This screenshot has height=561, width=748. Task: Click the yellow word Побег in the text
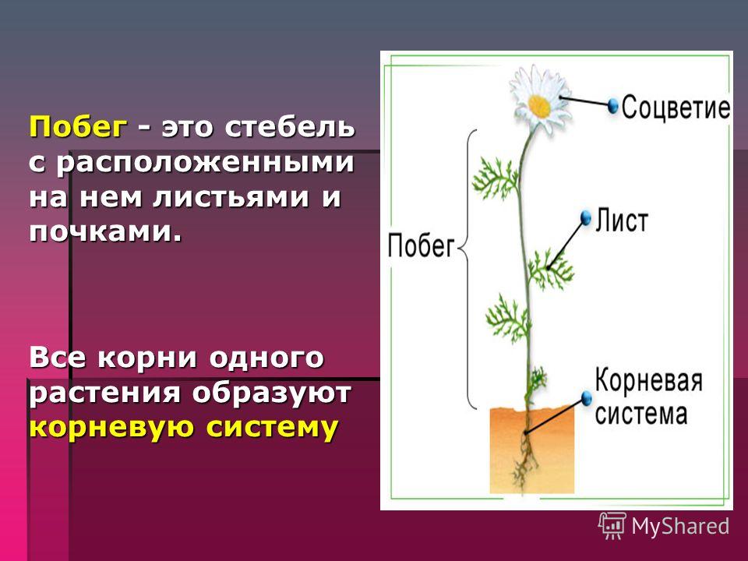(79, 126)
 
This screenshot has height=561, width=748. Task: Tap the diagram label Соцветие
(676, 107)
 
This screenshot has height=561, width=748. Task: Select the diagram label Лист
(622, 221)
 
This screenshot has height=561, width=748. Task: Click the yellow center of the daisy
(539, 106)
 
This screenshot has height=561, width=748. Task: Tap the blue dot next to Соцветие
(613, 105)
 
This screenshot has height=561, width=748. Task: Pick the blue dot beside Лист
(586, 217)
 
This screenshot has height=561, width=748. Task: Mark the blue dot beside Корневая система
(587, 397)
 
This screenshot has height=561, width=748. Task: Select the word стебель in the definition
(290, 127)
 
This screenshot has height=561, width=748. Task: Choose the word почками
(105, 232)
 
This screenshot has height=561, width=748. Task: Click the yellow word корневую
(113, 426)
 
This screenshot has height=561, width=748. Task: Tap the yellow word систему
(272, 426)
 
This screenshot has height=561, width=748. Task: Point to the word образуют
(272, 392)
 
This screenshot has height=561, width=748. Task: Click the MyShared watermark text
(681, 526)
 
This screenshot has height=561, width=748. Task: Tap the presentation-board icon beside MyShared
(612, 525)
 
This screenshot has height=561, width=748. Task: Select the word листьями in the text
(231, 197)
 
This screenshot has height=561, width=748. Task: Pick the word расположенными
(205, 163)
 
